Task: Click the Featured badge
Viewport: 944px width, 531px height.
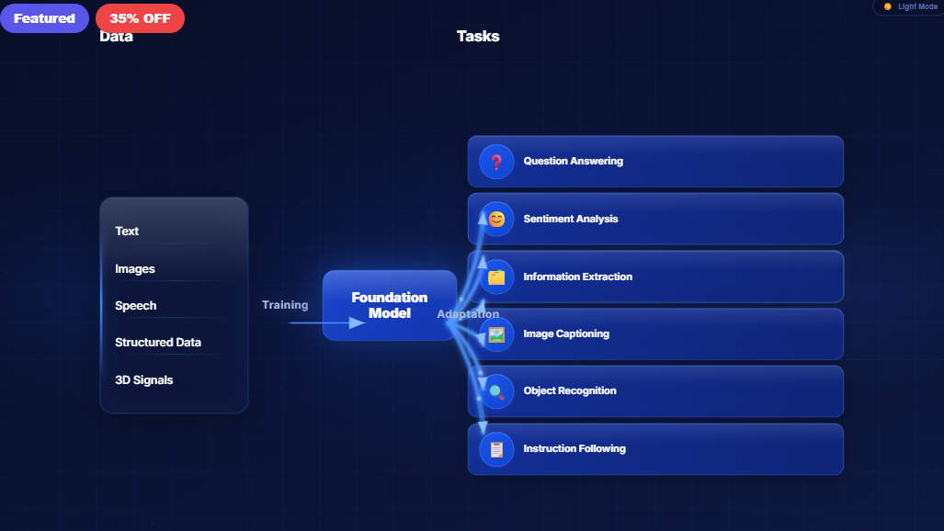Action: click(x=44, y=18)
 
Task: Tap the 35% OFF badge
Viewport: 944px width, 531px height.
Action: click(x=140, y=18)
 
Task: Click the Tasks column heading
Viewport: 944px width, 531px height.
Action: click(x=478, y=37)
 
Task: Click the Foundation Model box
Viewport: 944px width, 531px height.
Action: click(x=390, y=305)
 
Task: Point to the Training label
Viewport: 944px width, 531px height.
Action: click(x=285, y=305)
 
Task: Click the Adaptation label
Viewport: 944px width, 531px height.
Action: click(x=468, y=314)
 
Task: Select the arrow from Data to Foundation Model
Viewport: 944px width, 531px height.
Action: click(x=326, y=322)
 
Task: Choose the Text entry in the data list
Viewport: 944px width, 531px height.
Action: click(x=127, y=232)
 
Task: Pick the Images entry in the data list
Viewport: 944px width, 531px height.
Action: click(x=135, y=269)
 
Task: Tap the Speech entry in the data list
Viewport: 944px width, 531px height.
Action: click(x=136, y=306)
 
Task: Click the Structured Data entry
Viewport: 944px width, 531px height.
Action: click(x=158, y=343)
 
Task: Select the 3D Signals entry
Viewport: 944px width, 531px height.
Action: click(x=144, y=380)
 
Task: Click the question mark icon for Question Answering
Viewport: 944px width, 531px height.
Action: click(x=496, y=162)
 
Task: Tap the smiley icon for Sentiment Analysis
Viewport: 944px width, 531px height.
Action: click(x=496, y=220)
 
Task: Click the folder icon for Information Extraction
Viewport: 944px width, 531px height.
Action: click(x=496, y=277)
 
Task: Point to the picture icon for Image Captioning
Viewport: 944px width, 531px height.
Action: click(x=496, y=334)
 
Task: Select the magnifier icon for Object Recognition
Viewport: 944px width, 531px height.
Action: click(x=496, y=391)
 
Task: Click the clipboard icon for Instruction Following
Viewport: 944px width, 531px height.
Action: click(x=496, y=449)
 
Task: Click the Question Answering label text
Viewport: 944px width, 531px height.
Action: click(x=574, y=162)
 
